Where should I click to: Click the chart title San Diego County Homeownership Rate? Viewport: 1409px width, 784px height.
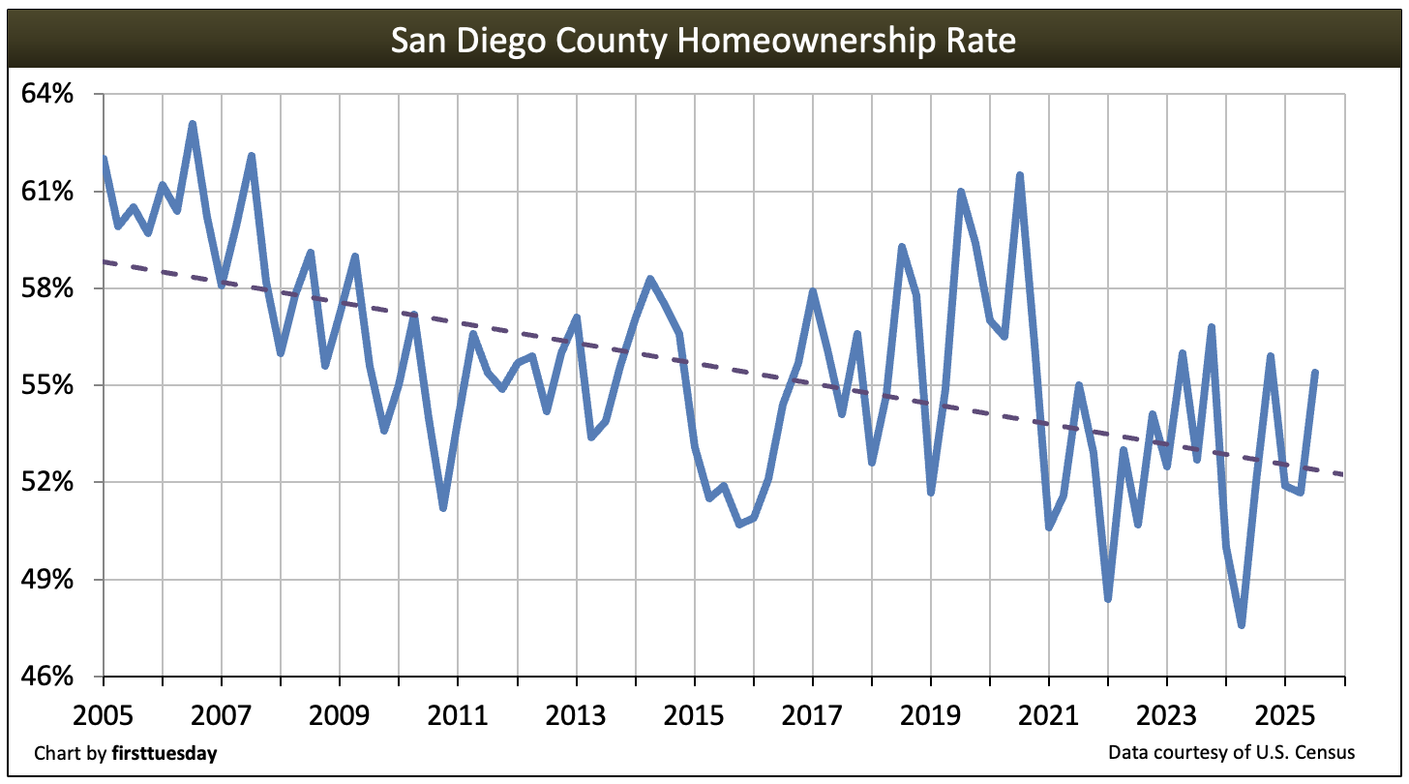pos(704,42)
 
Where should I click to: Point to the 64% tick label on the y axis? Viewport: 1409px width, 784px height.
pos(48,95)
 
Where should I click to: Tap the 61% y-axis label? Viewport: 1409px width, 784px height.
pos(48,192)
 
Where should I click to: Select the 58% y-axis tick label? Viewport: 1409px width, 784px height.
pos(48,288)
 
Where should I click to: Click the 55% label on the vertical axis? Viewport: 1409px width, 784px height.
pos(48,385)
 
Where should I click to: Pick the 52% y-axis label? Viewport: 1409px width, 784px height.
pos(48,482)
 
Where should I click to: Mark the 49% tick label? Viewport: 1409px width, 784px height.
pos(48,580)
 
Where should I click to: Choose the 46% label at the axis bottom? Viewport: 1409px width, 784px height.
pos(48,677)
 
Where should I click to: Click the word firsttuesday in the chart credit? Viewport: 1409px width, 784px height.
pos(164,753)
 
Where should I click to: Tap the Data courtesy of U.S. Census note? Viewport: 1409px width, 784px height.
pos(1231,753)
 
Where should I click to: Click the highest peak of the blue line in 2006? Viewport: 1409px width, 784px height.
pos(193,124)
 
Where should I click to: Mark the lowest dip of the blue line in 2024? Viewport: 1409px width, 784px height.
pos(1241,625)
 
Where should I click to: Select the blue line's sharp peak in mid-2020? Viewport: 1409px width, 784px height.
pos(1020,175)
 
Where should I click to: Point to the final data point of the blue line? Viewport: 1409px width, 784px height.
pos(1314,373)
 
